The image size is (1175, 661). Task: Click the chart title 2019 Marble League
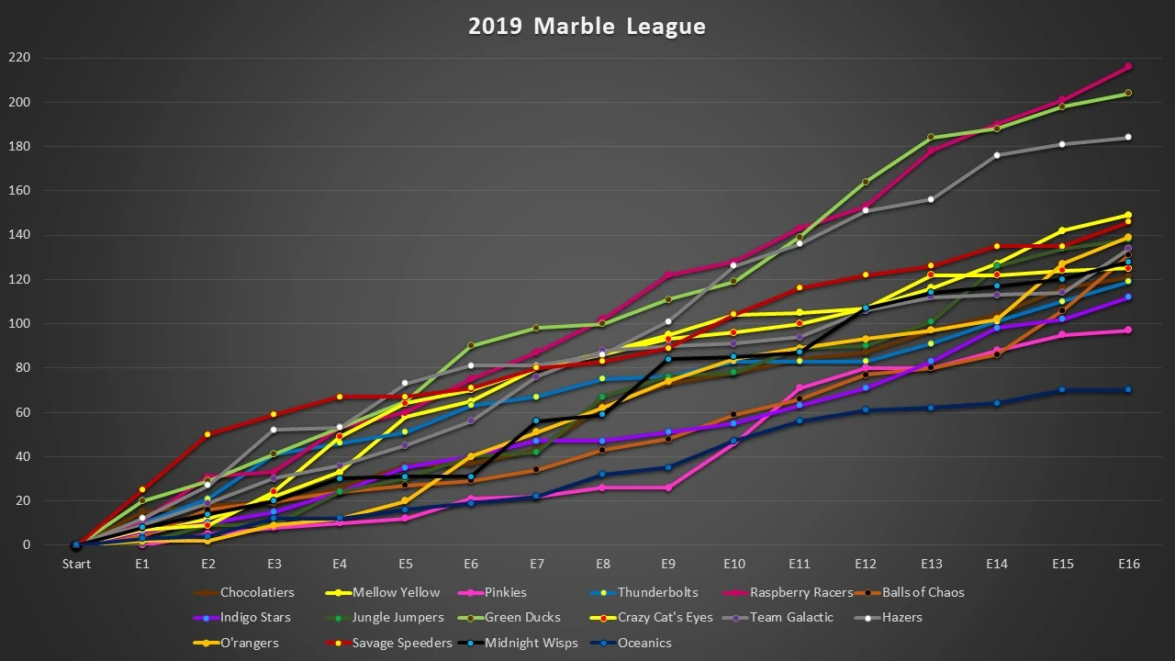pyautogui.click(x=587, y=26)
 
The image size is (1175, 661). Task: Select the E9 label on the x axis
pyautogui.click(x=668, y=564)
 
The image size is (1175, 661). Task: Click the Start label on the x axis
pyautogui.click(x=76, y=564)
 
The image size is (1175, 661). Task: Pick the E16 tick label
pyautogui.click(x=1128, y=564)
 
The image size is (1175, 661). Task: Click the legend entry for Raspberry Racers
pyautogui.click(x=801, y=592)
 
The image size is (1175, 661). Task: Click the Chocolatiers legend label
pyautogui.click(x=257, y=592)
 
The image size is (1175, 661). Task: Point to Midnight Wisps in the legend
pyautogui.click(x=532, y=643)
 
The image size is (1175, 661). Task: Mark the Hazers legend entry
pyautogui.click(x=901, y=617)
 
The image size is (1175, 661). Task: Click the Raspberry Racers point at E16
pyautogui.click(x=1128, y=67)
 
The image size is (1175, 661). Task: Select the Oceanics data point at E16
pyautogui.click(x=1128, y=390)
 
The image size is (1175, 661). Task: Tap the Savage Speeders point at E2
pyautogui.click(x=207, y=434)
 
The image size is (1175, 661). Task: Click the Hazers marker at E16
pyautogui.click(x=1128, y=138)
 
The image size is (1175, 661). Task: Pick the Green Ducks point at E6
pyautogui.click(x=471, y=345)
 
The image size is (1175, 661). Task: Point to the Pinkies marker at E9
pyautogui.click(x=668, y=487)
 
